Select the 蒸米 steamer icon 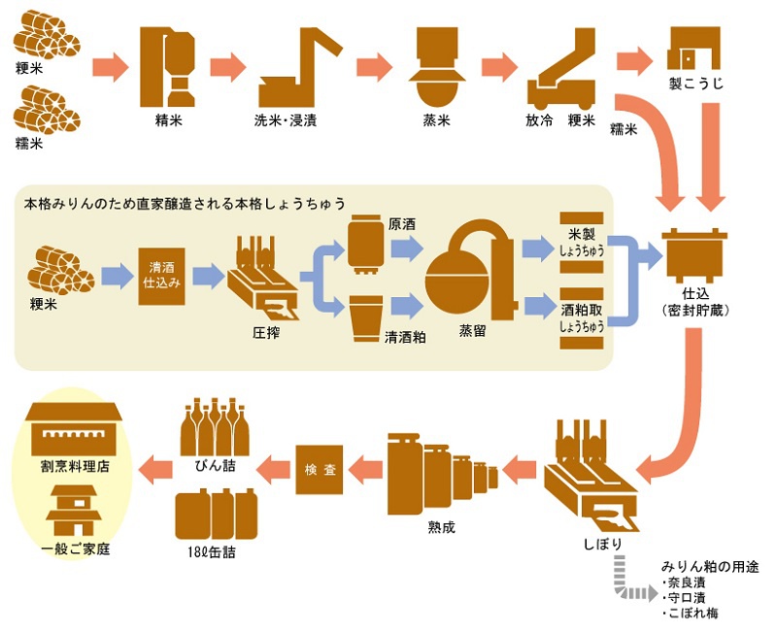coord(433,65)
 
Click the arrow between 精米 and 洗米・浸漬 coord(227,68)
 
